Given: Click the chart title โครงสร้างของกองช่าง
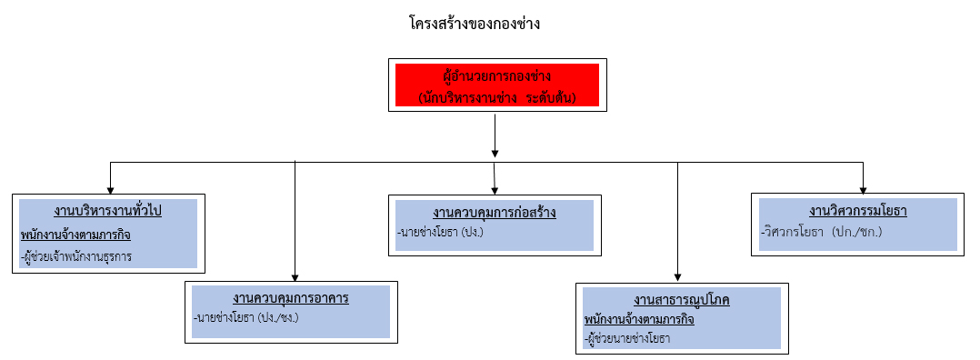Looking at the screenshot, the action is [475, 25].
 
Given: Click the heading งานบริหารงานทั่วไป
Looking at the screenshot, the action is [107, 211].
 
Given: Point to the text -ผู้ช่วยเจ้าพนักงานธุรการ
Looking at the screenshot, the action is [76, 256].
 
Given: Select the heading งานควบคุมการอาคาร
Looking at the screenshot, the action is [291, 297].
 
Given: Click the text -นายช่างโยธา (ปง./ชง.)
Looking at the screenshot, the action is [246, 317].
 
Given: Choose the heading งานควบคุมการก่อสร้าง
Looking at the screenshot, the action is [494, 213].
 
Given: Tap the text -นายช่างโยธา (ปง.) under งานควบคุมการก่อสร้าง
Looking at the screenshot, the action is [440, 233].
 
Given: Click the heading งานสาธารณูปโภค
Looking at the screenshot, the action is [682, 299].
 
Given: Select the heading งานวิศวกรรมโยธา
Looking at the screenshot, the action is [858, 211].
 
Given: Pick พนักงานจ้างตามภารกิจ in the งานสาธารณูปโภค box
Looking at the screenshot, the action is [639, 319].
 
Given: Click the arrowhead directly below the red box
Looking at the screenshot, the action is [495, 153].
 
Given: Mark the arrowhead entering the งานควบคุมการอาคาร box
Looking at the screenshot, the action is [295, 278].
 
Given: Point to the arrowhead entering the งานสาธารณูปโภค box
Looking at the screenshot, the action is [678, 278].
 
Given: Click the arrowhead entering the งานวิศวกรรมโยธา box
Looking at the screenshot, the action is [863, 191].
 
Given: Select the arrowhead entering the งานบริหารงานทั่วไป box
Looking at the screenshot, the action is [111, 191].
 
